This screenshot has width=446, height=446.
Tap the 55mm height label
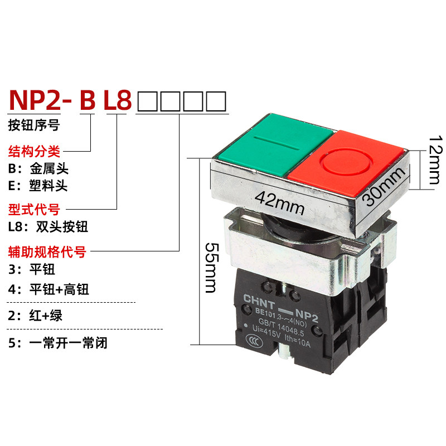pyautogui.click(x=210, y=267)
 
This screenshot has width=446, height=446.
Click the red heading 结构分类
pyautogui.click(x=34, y=151)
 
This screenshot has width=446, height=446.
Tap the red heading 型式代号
pyautogui.click(x=34, y=210)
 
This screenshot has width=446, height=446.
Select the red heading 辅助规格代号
pyautogui.click(x=47, y=252)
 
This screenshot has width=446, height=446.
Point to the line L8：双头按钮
pyautogui.click(x=48, y=227)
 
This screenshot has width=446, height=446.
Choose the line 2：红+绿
pyautogui.click(x=35, y=316)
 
